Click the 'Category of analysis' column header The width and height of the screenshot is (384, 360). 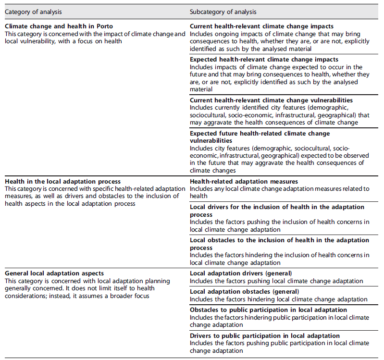point(33,11)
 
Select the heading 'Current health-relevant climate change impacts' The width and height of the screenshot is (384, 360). point(261,26)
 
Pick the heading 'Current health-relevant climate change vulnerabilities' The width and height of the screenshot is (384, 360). point(271,100)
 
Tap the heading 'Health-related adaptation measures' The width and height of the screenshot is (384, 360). point(244,181)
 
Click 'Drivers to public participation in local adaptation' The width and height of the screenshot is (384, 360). point(264,336)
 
